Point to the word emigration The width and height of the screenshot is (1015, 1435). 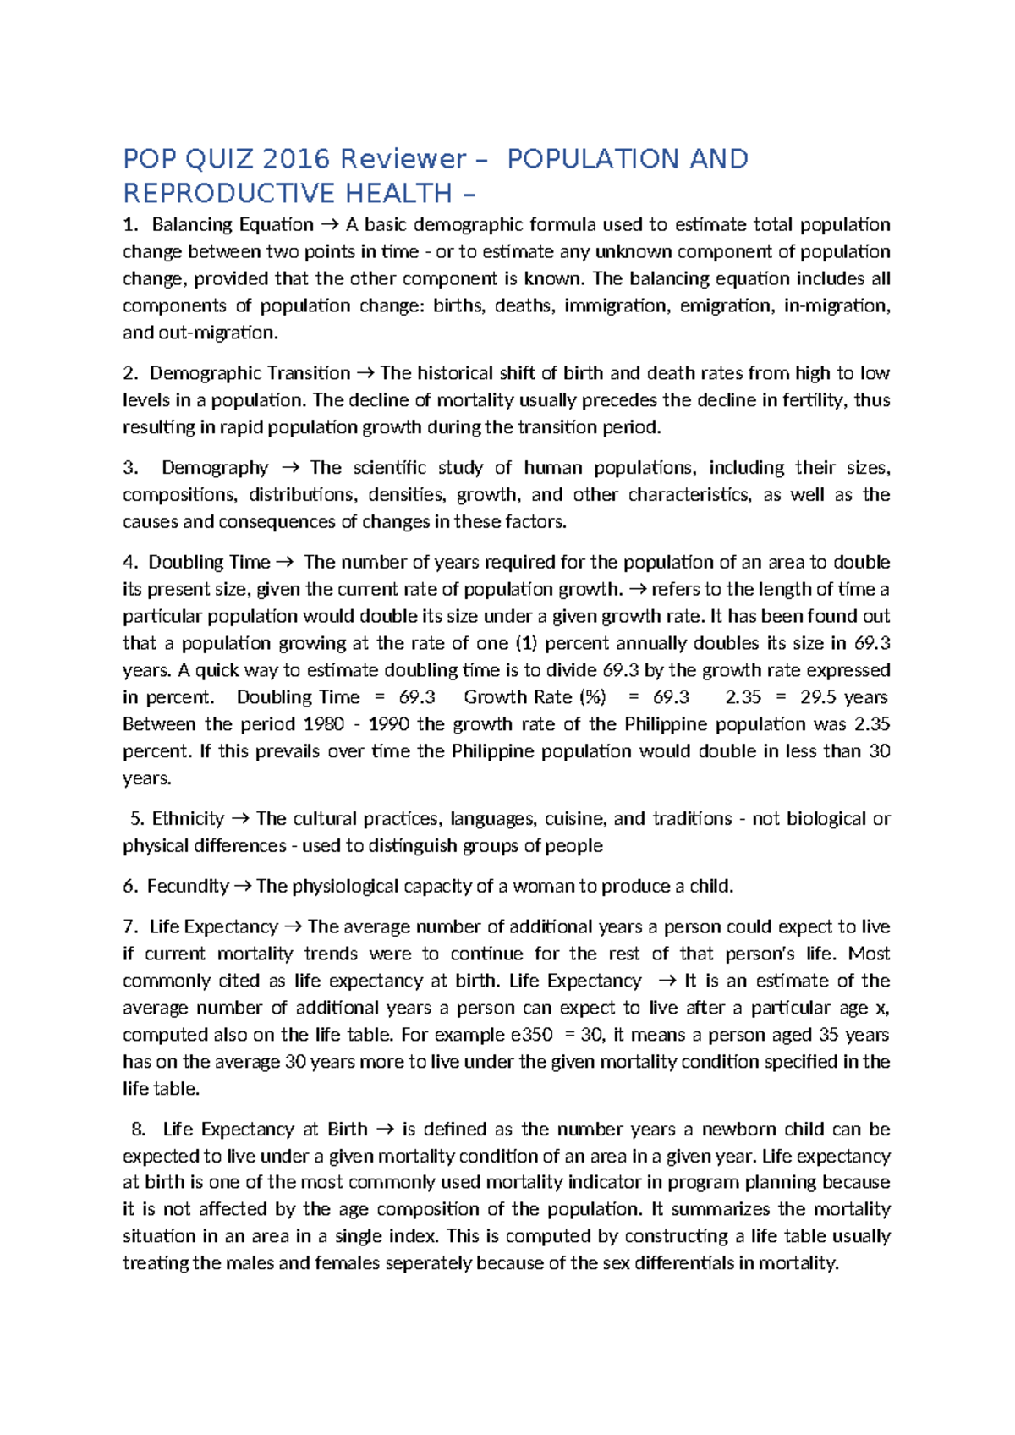tap(725, 305)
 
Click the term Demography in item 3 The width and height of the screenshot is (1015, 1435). tap(215, 468)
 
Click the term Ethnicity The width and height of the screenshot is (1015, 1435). tap(188, 819)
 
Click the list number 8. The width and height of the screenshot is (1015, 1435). tap(139, 1130)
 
